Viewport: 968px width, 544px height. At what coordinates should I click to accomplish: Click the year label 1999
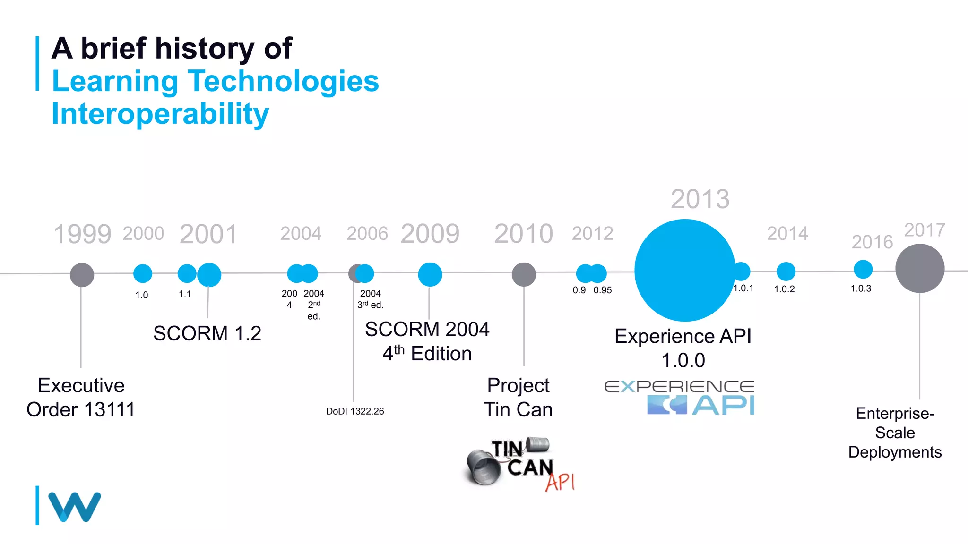[83, 234]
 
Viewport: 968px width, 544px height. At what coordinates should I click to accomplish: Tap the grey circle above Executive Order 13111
[82, 275]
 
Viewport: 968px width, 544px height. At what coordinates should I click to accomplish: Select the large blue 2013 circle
[684, 270]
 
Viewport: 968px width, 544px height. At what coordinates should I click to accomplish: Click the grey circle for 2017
[920, 268]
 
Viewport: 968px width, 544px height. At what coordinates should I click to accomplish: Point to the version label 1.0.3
[861, 289]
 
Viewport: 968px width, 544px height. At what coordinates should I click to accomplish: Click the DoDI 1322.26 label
[355, 411]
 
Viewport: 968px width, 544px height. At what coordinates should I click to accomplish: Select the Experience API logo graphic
[680, 398]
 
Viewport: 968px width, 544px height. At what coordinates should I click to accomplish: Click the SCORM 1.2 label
[207, 333]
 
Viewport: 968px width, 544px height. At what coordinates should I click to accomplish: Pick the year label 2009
[430, 234]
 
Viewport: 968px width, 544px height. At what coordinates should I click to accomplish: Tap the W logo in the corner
[74, 507]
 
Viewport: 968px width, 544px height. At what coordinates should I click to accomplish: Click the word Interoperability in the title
[160, 114]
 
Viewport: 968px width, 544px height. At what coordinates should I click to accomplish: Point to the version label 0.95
[603, 290]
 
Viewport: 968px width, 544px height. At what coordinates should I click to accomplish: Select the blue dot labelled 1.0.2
[786, 272]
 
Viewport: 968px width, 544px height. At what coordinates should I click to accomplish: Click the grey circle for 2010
[524, 274]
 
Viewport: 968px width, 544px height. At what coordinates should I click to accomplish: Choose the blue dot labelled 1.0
[143, 273]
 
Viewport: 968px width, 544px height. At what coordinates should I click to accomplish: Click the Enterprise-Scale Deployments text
[895, 433]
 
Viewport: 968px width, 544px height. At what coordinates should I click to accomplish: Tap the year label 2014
[787, 233]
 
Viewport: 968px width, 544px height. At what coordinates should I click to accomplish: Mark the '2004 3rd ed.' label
[370, 299]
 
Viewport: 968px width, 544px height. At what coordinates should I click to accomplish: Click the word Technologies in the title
[284, 81]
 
